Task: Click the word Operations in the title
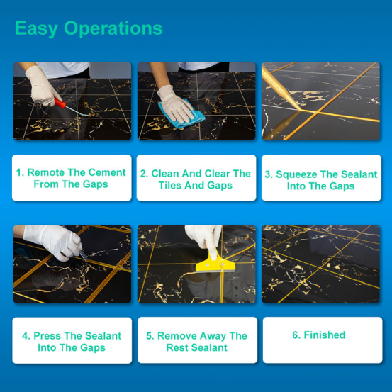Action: click(113, 28)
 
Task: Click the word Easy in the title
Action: click(36, 29)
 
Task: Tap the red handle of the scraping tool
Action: click(60, 102)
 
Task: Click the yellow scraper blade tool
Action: click(215, 264)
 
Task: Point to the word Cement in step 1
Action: click(107, 172)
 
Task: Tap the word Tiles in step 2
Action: click(169, 185)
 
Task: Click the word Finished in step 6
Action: click(325, 335)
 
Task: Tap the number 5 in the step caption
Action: click(150, 336)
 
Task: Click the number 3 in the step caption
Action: click(268, 174)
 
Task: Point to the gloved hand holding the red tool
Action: click(42, 86)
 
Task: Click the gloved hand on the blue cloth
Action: click(175, 104)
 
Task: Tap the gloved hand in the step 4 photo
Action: click(53, 241)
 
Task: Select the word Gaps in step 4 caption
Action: click(93, 348)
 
